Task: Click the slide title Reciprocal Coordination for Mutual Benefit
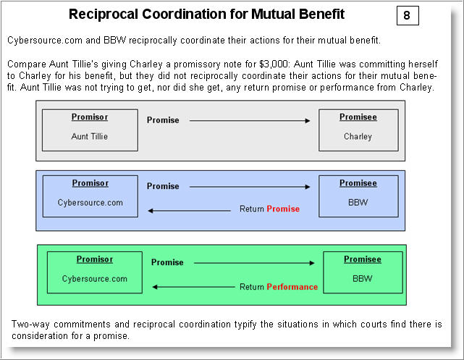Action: [206, 14]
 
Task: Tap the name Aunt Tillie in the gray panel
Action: [90, 136]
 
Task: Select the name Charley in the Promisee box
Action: [358, 136]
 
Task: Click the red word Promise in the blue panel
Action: [283, 209]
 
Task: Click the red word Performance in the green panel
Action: [292, 287]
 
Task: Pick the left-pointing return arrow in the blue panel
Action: [188, 209]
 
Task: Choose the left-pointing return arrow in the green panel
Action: [192, 287]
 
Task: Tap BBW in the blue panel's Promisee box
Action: [358, 203]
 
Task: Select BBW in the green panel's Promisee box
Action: [362, 278]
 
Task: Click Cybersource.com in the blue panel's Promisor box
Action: [90, 203]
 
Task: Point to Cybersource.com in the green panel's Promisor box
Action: [95, 279]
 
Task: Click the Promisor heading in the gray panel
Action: [90, 117]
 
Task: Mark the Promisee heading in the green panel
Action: [362, 259]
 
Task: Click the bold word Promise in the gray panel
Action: [163, 120]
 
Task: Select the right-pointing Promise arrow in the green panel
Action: [253, 262]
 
